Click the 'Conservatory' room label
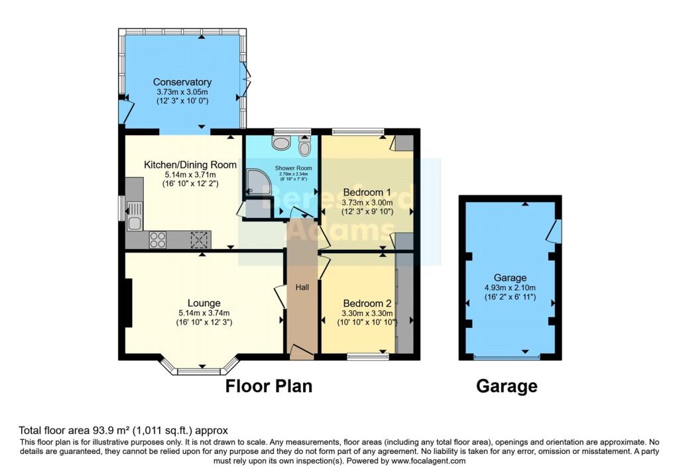tap(182, 82)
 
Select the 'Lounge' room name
tap(204, 303)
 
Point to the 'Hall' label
tap(302, 287)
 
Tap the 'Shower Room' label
tap(282, 168)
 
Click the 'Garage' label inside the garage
tap(509, 278)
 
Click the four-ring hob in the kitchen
tap(158, 239)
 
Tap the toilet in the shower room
tap(304, 144)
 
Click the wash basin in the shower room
tap(281, 142)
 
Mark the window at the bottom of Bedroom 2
tap(367, 357)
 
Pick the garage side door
tap(557, 231)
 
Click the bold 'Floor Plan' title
tap(269, 386)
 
